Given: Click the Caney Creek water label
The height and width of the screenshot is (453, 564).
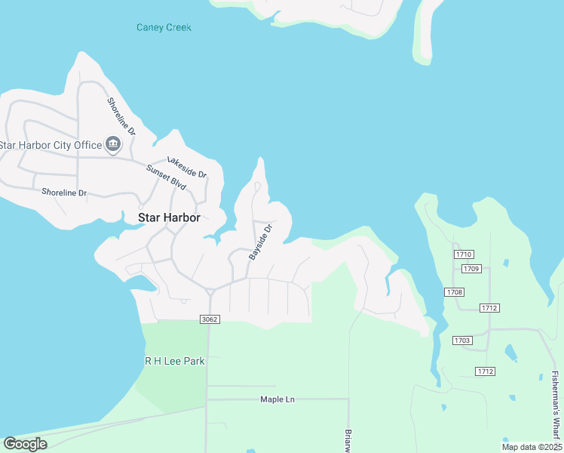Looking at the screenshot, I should (x=164, y=28).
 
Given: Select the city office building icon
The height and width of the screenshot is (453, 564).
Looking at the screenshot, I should (x=112, y=143).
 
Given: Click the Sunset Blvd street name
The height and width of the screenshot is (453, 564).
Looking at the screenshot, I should (x=166, y=177).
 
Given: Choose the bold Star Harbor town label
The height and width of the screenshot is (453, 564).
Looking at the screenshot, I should (x=169, y=217).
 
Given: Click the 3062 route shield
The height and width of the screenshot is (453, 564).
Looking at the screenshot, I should (x=210, y=319).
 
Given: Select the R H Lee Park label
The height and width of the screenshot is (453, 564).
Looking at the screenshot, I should (x=175, y=361).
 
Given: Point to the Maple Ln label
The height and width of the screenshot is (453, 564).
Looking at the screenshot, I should (x=277, y=399).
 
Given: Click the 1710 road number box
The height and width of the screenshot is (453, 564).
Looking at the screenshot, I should (x=463, y=255).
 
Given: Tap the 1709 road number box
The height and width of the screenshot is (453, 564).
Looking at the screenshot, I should (x=472, y=269).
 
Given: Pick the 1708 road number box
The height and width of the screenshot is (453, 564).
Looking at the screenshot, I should (x=454, y=292).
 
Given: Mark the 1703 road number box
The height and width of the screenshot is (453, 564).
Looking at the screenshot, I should (x=462, y=341).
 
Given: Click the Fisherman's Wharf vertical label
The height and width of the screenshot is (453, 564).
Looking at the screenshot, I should (x=555, y=404).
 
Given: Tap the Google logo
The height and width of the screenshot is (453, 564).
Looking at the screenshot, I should (x=25, y=443).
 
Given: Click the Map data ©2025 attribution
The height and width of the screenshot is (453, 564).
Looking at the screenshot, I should (x=531, y=447).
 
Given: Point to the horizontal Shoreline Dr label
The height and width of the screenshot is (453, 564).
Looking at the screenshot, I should (x=64, y=193).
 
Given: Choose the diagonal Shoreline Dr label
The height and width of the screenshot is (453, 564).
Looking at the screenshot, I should (x=121, y=116).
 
